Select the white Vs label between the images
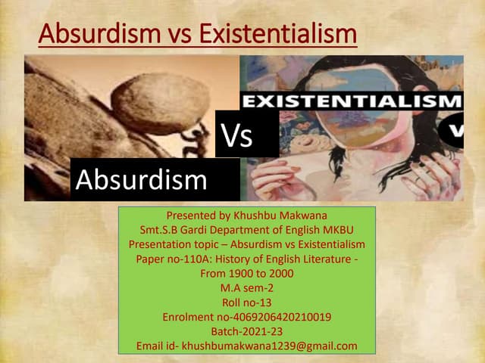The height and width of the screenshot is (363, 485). pos(237,137)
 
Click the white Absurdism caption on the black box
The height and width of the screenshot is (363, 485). pos(141,180)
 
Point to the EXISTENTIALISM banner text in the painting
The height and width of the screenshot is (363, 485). pos(350,101)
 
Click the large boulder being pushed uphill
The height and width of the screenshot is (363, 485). pos(159,101)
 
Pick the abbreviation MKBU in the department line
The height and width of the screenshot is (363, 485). pos(337,230)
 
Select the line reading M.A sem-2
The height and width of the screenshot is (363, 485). pos(246,288)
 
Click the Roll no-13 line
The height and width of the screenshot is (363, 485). pos(246,302)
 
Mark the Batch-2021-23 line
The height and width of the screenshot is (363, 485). pos(246,331)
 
